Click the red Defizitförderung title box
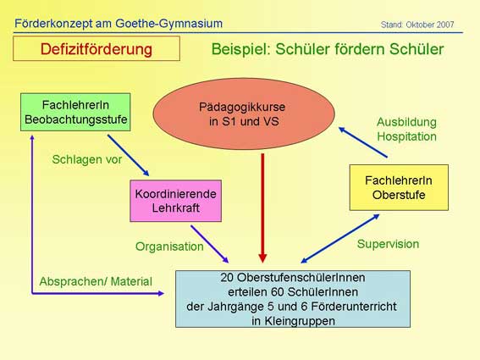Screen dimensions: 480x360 click(97, 48)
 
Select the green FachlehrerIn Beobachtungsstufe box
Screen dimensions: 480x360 click(75, 112)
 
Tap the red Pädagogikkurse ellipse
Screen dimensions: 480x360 click(244, 114)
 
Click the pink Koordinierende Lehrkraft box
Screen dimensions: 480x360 click(176, 201)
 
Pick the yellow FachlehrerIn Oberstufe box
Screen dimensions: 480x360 click(399, 187)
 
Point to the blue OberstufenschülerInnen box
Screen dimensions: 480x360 click(293, 299)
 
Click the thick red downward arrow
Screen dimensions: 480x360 click(262, 208)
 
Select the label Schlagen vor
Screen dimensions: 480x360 click(87, 159)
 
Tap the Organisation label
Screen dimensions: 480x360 click(169, 246)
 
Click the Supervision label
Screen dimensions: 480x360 click(388, 244)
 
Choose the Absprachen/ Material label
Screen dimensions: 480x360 click(96, 281)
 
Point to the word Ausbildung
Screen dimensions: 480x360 click(406, 122)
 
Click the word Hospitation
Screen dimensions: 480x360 click(406, 136)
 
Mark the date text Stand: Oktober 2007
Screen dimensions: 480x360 click(417, 25)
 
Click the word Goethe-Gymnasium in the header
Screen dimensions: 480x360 click(169, 24)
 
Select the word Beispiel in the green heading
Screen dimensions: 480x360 click(240, 49)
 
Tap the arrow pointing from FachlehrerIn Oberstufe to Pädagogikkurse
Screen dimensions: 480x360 click(363, 142)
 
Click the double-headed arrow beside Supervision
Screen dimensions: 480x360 click(340, 238)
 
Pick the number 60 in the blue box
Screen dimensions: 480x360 click(278, 292)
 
